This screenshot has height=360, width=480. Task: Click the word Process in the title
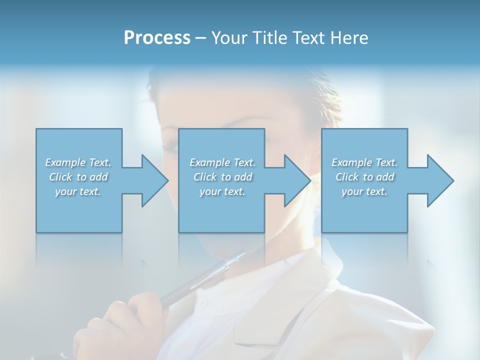[x=157, y=37]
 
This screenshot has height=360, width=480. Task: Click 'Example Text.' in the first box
[x=78, y=162]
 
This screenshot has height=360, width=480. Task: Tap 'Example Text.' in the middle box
[x=222, y=162]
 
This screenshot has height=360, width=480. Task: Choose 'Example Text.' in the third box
[x=364, y=162]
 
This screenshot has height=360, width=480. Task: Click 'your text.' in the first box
[x=78, y=191]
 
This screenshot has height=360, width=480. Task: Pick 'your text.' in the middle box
[x=222, y=191]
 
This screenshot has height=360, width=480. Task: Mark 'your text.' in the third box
[x=364, y=191]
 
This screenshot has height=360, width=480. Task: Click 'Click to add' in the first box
[x=78, y=177]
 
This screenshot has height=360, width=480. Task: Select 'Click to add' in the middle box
[x=222, y=177]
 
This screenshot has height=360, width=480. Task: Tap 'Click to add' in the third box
[x=364, y=177]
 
